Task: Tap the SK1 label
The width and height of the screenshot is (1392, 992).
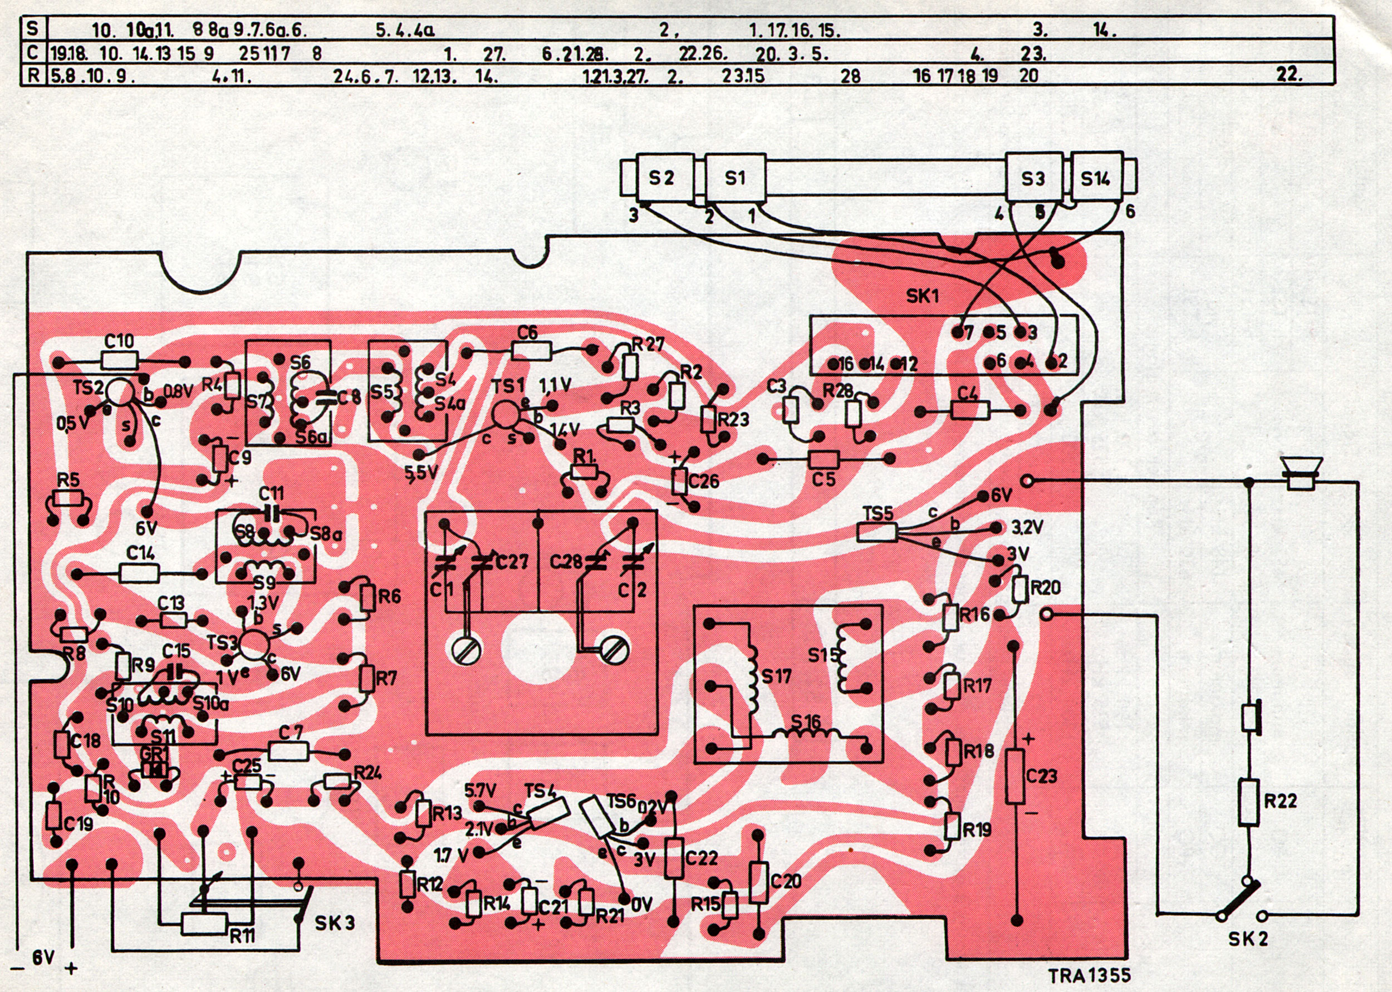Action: click(x=922, y=296)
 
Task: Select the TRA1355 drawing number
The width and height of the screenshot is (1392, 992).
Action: click(x=1089, y=975)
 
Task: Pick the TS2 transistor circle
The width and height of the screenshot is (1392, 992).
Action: click(x=119, y=393)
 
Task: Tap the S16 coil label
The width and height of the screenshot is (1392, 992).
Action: click(x=805, y=721)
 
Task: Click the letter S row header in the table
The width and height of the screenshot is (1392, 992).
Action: click(x=32, y=28)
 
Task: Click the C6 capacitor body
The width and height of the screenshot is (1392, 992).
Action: click(x=532, y=350)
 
